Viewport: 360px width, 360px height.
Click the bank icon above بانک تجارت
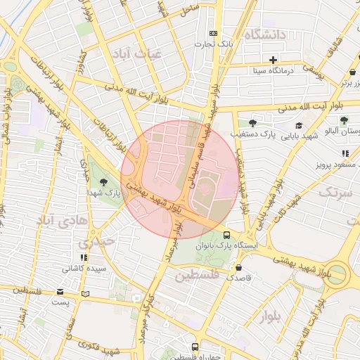pos(214,34)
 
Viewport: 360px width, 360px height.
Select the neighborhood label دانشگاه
pos(265,34)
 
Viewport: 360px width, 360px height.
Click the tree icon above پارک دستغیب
pos(252,122)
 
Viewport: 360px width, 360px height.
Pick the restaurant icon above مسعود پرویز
pos(345,153)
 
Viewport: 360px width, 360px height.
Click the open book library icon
pos(86,294)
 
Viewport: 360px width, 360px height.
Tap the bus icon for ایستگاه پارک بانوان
pos(226,236)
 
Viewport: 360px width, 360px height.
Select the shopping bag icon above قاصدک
pos(239,267)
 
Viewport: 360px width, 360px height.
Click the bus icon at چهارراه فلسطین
pos(195,347)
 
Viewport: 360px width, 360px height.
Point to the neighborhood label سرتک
pos(333,192)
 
